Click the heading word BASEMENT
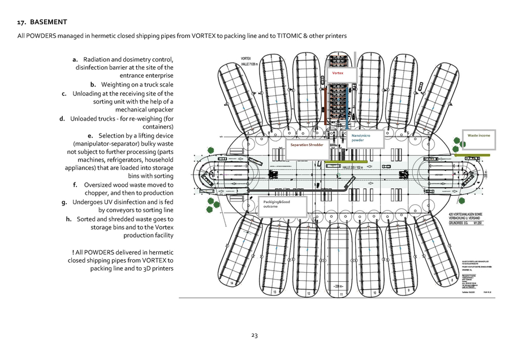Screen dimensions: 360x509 (x=48, y=22)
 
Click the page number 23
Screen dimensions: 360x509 (x=255, y=336)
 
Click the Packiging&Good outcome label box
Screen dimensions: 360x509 (x=283, y=207)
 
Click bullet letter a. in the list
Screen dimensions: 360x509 (x=75, y=59)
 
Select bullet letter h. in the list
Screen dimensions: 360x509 (x=68, y=218)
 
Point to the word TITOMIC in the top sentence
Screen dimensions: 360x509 (x=292, y=36)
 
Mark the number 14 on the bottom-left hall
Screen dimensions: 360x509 (x=231, y=282)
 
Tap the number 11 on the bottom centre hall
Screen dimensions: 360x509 (x=341, y=294)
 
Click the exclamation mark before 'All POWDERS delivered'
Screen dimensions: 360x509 (x=74, y=252)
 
